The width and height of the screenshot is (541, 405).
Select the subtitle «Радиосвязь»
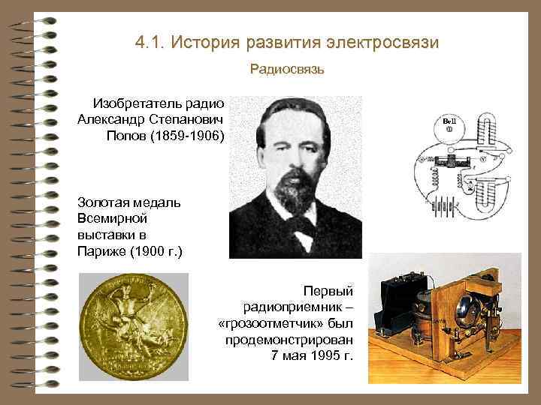(x=287, y=70)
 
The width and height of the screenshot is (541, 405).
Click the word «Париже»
(x=100, y=250)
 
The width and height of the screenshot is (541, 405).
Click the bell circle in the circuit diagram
(x=449, y=125)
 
